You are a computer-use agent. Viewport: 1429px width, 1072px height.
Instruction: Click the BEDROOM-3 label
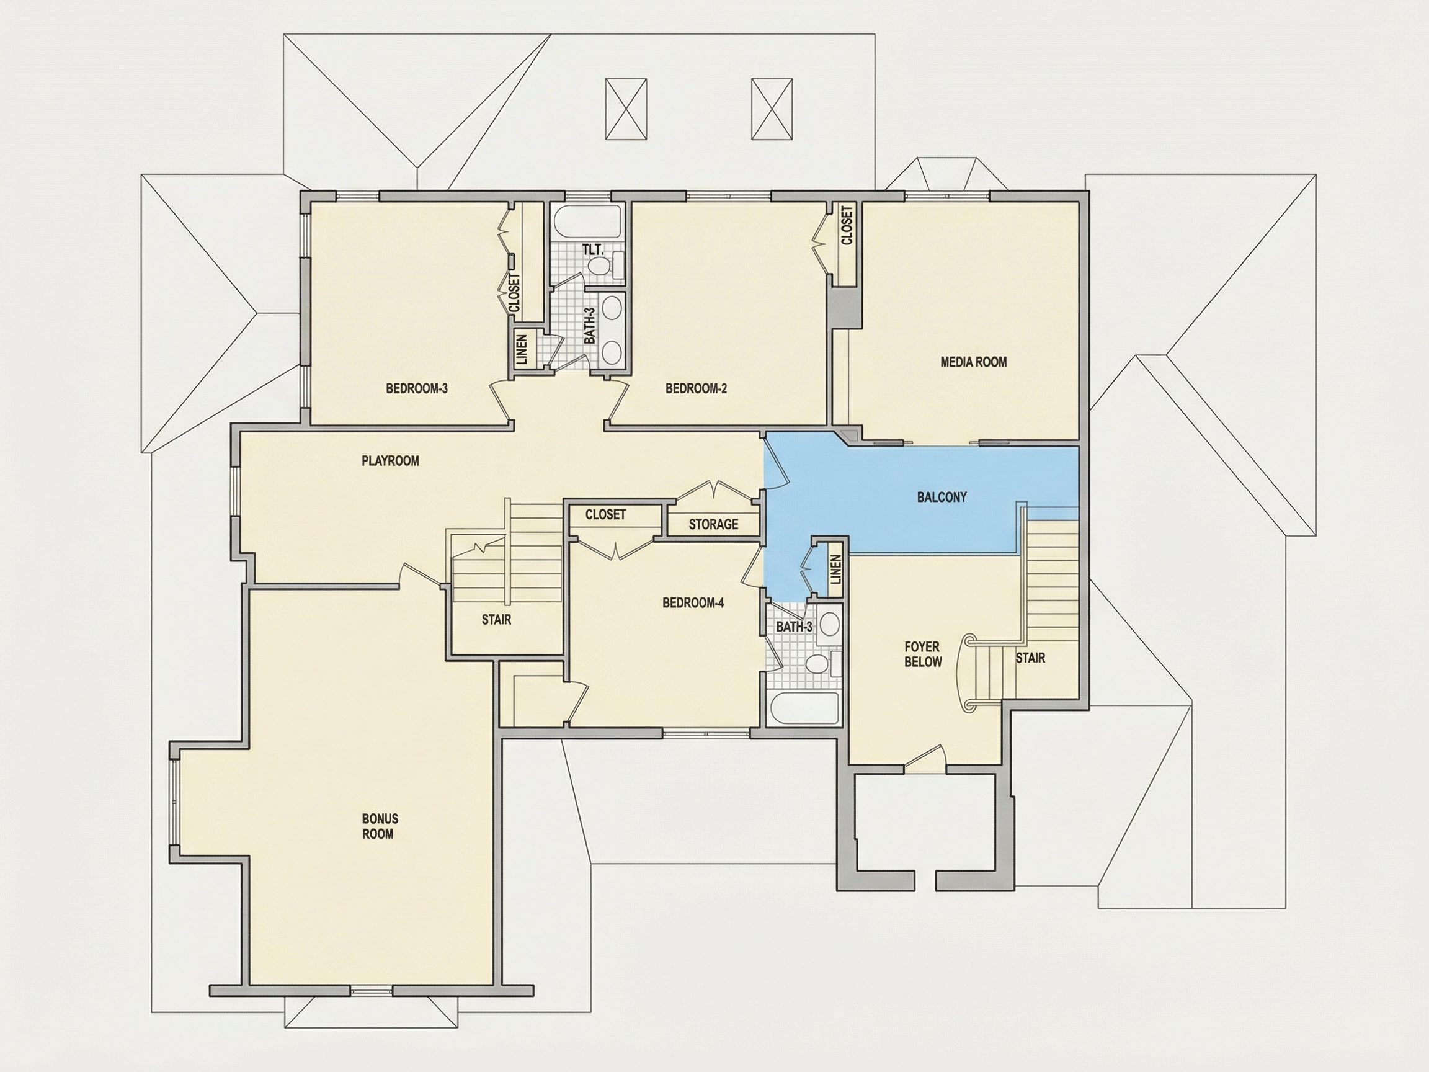click(x=417, y=388)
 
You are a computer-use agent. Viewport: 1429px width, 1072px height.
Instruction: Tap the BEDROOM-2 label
click(x=696, y=388)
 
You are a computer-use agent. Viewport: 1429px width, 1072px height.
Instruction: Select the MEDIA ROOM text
click(x=974, y=362)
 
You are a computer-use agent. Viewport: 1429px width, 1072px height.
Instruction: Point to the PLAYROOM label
click(x=390, y=461)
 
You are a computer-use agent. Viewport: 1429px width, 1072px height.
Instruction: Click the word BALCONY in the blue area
click(x=942, y=497)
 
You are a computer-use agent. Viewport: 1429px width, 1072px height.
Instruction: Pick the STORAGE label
click(x=713, y=524)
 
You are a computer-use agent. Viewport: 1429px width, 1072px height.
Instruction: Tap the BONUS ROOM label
click(x=380, y=826)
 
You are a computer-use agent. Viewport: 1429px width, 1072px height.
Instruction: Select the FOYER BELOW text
click(x=922, y=654)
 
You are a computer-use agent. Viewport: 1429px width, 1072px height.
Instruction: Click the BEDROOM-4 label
click(x=693, y=603)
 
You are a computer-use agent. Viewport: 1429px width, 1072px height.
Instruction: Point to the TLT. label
click(x=592, y=249)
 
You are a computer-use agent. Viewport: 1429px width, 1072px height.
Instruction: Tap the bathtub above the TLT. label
click(x=588, y=222)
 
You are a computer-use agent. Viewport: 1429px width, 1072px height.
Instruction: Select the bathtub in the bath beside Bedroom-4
click(x=804, y=709)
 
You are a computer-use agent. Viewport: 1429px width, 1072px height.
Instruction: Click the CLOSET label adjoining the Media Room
click(x=847, y=224)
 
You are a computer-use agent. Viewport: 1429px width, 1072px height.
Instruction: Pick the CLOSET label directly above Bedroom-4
click(x=605, y=514)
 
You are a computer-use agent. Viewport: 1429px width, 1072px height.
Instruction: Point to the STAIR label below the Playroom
click(x=496, y=620)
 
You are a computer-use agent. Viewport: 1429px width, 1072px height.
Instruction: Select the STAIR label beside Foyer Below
click(x=1030, y=658)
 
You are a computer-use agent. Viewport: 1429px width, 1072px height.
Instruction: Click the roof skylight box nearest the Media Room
click(x=772, y=109)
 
